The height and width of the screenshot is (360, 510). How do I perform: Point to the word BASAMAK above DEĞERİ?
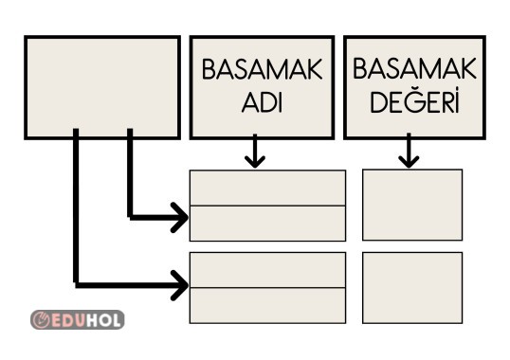[413, 70]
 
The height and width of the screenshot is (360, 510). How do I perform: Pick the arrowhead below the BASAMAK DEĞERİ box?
[409, 157]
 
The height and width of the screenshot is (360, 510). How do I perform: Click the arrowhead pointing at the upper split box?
[178, 219]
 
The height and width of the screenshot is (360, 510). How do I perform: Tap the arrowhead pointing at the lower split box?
[178, 281]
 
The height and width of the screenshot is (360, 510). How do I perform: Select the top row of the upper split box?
[267, 187]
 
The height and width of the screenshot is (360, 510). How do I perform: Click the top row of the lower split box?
[267, 270]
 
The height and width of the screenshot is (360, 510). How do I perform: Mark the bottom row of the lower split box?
[267, 305]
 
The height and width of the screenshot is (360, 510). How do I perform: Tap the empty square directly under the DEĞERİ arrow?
[412, 205]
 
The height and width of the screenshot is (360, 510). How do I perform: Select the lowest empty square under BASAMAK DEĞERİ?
[412, 288]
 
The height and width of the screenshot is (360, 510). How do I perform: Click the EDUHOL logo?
[78, 318]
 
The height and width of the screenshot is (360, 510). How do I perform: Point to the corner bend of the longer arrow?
[77, 281]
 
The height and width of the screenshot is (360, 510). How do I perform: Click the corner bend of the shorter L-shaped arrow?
[130, 218]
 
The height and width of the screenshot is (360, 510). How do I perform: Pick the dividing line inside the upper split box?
[267, 205]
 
